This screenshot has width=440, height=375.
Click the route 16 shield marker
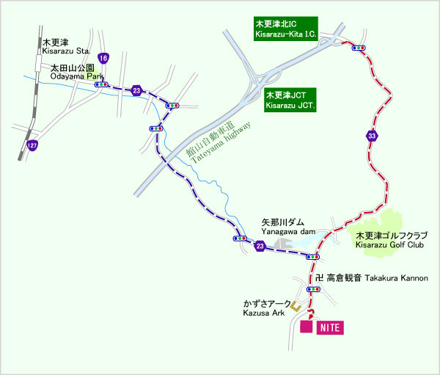104,58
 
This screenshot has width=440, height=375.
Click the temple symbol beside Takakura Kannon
319,279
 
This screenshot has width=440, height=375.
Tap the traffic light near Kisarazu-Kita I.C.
359,48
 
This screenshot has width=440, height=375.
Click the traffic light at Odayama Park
102,84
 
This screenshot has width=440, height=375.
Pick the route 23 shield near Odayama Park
137,90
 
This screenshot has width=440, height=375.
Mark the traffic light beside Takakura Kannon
315,290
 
